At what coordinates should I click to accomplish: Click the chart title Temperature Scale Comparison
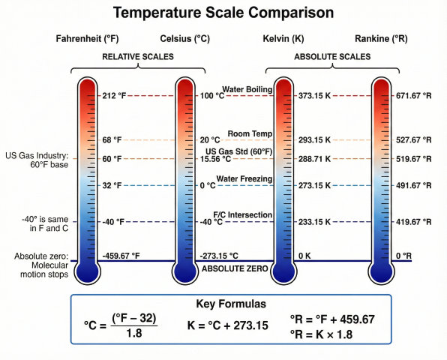pyautogui.click(x=223, y=13)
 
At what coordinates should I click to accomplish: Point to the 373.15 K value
pyautogui.click(x=315, y=95)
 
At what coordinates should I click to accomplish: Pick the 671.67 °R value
pyautogui.click(x=415, y=95)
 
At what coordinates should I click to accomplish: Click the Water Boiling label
pyautogui.click(x=246, y=90)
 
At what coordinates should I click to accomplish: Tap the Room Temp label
pyautogui.click(x=248, y=133)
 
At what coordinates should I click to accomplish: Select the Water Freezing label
pyautogui.click(x=244, y=178)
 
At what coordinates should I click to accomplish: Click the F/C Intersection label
pyautogui.click(x=242, y=215)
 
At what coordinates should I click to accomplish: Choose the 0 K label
pyautogui.click(x=304, y=256)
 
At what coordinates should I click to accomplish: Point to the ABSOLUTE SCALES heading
pyautogui.click(x=332, y=57)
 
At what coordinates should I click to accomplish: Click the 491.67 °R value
pyautogui.click(x=415, y=185)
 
